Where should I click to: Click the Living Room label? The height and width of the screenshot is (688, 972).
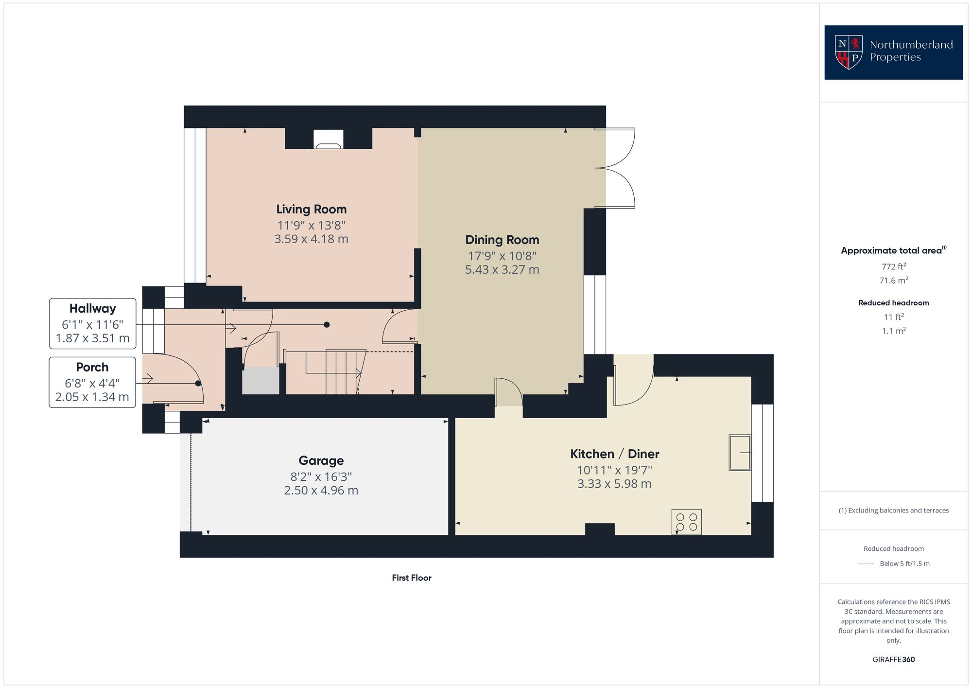coord(311,209)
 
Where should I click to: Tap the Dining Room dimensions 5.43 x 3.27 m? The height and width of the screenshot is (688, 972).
coord(502,269)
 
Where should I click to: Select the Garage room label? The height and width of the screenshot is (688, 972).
coord(321,460)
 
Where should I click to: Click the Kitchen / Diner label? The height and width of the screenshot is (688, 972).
coord(614,454)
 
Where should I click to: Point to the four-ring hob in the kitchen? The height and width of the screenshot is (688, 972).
coord(686,522)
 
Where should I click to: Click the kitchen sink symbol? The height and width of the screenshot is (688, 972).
coord(739,453)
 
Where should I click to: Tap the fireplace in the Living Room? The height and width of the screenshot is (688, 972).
coord(328,140)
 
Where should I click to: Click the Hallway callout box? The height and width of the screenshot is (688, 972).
coord(92,323)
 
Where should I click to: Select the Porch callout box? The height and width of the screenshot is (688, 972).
coord(92,382)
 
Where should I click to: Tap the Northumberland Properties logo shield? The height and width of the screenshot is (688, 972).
coord(849,52)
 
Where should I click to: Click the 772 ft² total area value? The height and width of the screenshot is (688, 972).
coord(893,266)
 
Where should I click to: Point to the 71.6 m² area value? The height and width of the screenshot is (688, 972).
coord(893,281)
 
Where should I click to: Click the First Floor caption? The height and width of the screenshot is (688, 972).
coord(411,578)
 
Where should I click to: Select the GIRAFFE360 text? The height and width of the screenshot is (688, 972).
coord(893,659)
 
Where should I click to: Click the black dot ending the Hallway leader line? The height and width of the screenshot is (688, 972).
coord(327,324)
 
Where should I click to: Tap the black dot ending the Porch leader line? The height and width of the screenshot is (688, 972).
coord(198,383)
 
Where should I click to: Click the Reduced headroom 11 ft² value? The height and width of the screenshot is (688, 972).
coord(893,317)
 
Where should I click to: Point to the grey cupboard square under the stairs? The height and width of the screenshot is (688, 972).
coord(260,381)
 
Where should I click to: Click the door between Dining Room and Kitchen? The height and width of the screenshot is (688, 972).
coord(508,393)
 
